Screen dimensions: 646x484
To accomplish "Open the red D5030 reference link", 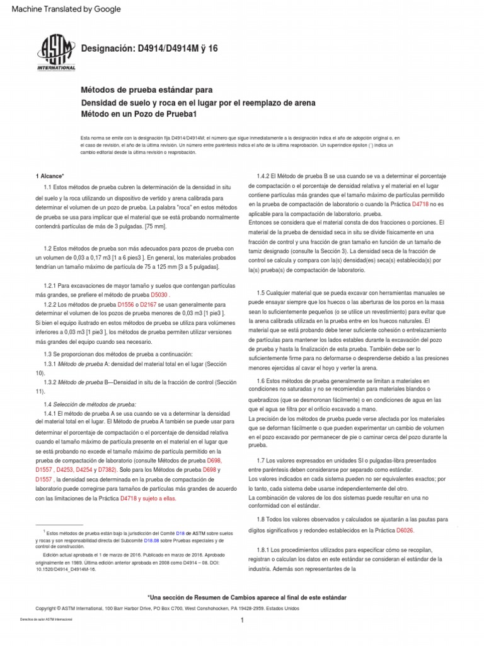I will [x=160, y=294].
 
